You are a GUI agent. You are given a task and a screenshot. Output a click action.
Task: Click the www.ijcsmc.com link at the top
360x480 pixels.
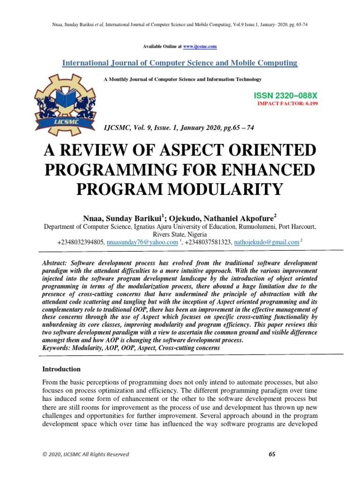[200, 47]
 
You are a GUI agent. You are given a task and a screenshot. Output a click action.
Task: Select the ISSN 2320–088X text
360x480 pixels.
[285, 96]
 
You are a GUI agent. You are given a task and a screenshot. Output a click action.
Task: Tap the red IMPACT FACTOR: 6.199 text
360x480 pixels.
[287, 103]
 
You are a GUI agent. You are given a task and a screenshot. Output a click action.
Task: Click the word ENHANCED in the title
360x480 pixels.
[268, 170]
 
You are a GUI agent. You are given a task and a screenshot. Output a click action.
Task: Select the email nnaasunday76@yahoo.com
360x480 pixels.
[142, 242]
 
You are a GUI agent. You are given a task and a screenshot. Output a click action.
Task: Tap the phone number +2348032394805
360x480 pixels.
[81, 242]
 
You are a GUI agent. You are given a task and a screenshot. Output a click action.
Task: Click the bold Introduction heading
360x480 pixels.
[61, 369]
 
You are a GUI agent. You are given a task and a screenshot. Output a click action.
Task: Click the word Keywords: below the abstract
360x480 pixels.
[58, 348]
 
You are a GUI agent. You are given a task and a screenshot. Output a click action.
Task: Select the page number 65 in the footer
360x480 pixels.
[272, 454]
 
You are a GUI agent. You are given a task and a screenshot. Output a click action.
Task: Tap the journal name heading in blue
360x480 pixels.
[180, 63]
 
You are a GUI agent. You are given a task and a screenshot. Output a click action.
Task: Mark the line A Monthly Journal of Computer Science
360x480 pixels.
[182, 79]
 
